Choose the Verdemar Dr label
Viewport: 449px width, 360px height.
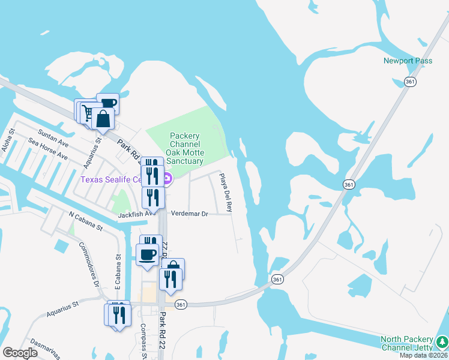pyautogui.click(x=189, y=213)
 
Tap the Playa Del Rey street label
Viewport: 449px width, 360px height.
pyautogui.click(x=225, y=193)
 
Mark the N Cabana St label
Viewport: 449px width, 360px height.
pyautogui.click(x=86, y=220)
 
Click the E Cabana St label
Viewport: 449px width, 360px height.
pyautogui.click(x=118, y=273)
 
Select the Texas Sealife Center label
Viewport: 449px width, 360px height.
pyautogui.click(x=111, y=179)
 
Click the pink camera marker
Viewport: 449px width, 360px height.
pyautogui.click(x=167, y=178)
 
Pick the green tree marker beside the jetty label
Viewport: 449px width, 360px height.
pyautogui.click(x=442, y=342)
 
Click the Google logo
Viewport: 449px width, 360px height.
pyautogui.click(x=20, y=353)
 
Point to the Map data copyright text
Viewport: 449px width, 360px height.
pyautogui.click(x=424, y=355)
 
